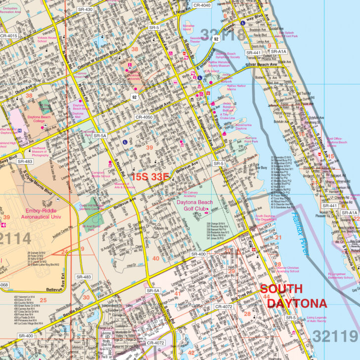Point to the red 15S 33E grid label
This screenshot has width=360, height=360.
(x=150, y=176)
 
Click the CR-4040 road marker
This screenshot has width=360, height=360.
(x=201, y=5)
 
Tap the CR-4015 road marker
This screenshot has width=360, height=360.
(x=8, y=36)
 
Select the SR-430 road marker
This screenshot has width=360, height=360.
(x=85, y=9)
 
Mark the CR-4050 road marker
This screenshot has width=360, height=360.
(x=144, y=117)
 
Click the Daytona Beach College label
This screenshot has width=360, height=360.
(x=38, y=119)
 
